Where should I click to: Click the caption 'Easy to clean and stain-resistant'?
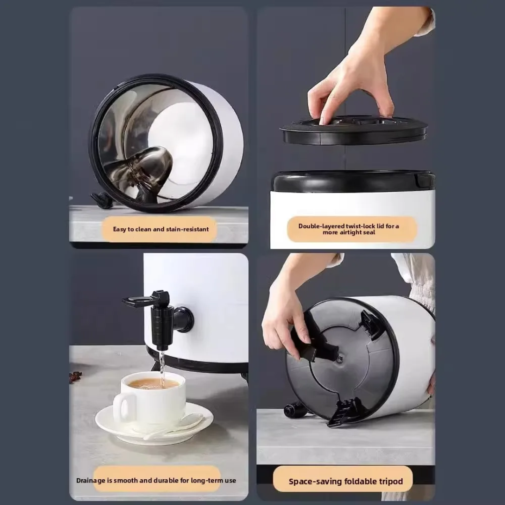tap(161, 229)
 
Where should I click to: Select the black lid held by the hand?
tap(353, 130)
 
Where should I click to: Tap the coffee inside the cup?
tap(153, 383)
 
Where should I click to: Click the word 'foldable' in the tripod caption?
tap(361, 482)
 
